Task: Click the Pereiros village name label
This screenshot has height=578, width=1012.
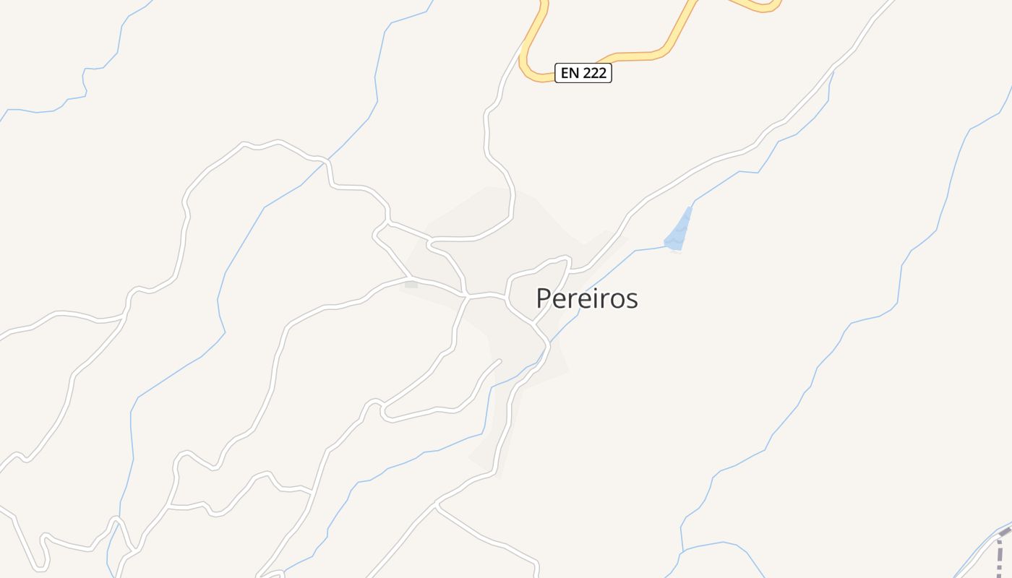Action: (587, 298)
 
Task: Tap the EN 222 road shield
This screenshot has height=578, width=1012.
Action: (583, 73)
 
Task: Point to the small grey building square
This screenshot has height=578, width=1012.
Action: (411, 284)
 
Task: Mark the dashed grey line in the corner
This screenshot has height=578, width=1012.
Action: (1002, 549)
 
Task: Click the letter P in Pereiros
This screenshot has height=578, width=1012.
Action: (544, 298)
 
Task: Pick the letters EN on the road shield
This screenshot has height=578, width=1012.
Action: (570, 73)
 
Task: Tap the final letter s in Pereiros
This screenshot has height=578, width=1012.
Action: (632, 300)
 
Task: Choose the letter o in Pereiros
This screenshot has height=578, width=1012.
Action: (616, 300)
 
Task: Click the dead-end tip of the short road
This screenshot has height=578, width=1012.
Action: (499, 361)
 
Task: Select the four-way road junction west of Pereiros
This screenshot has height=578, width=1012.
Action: (468, 296)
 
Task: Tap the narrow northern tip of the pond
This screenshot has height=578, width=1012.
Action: (690, 209)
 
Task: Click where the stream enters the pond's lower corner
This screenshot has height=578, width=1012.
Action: (666, 246)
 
